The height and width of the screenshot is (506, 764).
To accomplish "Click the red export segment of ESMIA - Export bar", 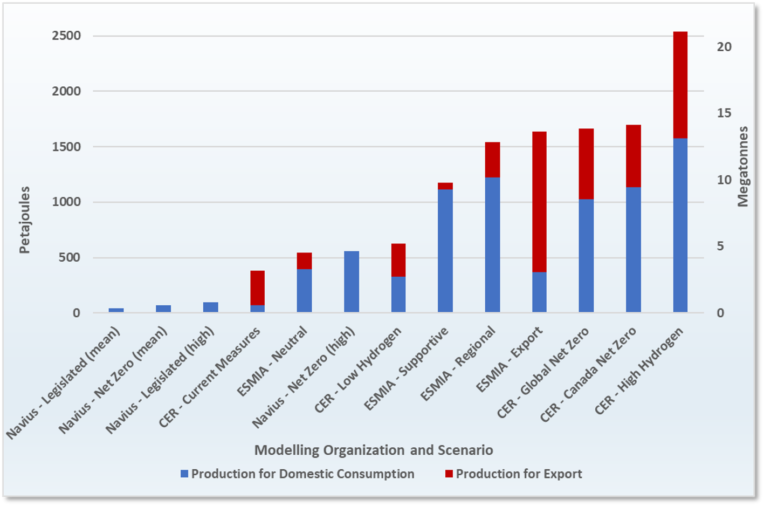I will [539, 202].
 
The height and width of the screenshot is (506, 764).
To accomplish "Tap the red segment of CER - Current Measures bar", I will [257, 288].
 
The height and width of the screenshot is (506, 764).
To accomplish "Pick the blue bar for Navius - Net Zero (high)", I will [352, 282].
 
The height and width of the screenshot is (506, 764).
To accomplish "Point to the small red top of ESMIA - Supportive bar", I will [445, 186].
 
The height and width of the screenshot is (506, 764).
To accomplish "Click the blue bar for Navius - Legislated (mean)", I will [116, 310].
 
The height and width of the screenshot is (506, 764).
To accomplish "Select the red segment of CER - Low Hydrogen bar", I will [398, 260].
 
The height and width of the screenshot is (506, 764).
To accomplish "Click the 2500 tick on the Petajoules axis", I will [66, 36].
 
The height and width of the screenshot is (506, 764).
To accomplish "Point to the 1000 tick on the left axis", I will [66, 202].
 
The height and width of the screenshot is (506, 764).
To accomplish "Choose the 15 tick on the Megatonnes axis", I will [724, 113].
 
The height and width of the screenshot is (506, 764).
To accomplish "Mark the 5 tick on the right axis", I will [720, 247].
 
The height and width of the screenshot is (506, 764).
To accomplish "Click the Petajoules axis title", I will [25, 220].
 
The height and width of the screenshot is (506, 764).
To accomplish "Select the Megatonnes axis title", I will [743, 167].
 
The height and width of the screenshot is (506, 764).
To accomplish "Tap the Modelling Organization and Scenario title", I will [374, 450].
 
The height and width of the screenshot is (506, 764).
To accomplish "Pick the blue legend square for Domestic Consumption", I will [184, 474].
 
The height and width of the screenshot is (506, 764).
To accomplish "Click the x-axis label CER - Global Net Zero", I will [543, 373].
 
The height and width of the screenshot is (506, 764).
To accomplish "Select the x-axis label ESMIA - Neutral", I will [273, 361].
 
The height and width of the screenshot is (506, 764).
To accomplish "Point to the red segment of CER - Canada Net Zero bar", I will [633, 156].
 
